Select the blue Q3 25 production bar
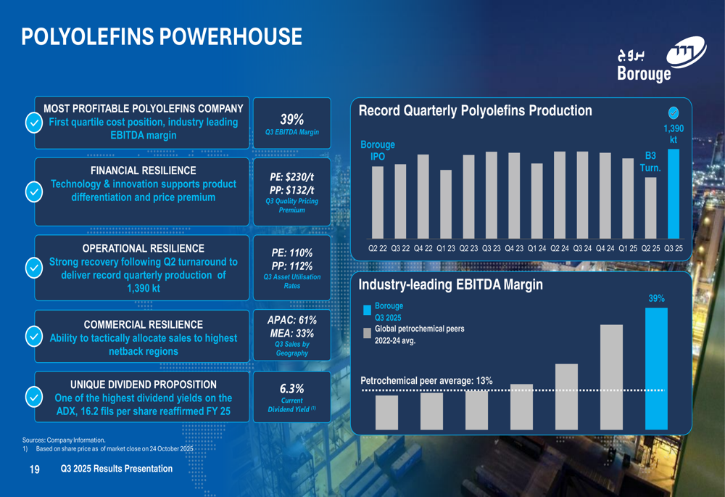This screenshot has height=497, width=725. click(x=674, y=194)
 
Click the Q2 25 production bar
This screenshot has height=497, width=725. click(x=651, y=208)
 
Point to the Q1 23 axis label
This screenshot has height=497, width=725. click(x=446, y=248)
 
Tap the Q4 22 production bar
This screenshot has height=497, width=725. click(x=423, y=196)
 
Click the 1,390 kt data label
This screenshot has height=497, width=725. click(x=674, y=134)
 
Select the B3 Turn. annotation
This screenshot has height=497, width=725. click(x=650, y=162)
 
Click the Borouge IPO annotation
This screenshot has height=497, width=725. click(x=378, y=151)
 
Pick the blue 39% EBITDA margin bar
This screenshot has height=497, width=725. click(x=655, y=369)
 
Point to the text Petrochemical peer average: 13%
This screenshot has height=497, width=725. click(x=426, y=381)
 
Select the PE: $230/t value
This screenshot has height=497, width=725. click(x=292, y=177)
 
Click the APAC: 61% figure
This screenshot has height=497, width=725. click(x=292, y=319)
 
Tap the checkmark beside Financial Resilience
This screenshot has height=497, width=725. click(x=33, y=192)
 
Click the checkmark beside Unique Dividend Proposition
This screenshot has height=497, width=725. click(x=33, y=398)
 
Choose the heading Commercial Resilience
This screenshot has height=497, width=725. click(x=143, y=324)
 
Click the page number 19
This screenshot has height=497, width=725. click(x=34, y=470)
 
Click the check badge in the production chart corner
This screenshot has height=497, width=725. click(x=674, y=112)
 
